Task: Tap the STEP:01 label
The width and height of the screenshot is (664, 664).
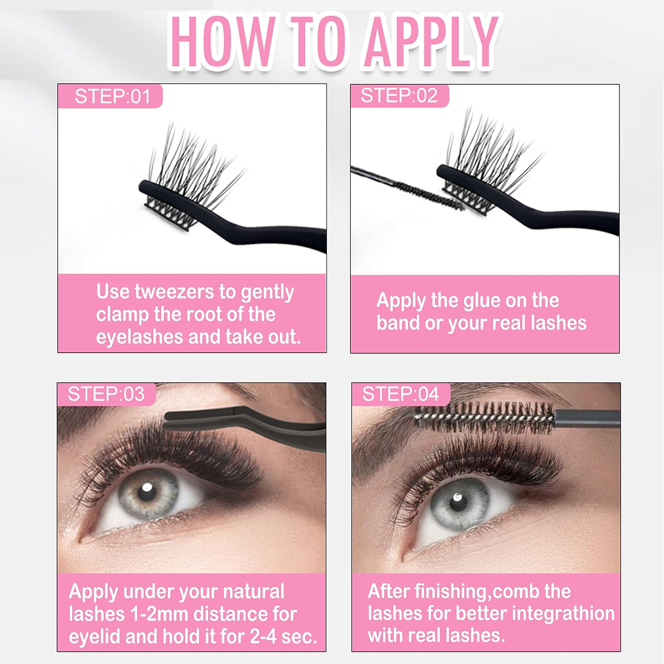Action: tap(112, 97)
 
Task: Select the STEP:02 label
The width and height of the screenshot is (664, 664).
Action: tap(399, 96)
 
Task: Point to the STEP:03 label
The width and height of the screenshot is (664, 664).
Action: tap(106, 394)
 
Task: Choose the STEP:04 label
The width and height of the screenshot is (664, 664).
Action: tap(400, 394)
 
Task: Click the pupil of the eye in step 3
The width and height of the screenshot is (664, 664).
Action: tap(147, 488)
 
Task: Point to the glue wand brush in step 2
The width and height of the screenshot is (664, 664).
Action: tap(425, 193)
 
